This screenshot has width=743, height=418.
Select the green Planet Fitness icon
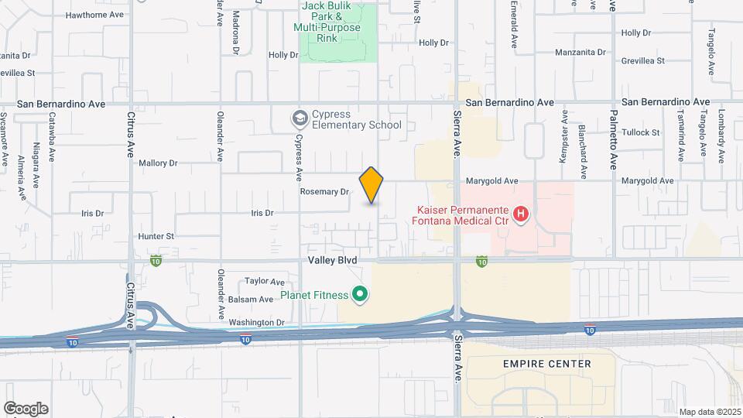click(359, 293)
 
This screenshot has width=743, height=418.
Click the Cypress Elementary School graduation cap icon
click(299, 118)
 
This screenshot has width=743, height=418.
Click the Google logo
click(26, 409)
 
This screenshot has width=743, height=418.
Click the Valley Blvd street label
click(332, 261)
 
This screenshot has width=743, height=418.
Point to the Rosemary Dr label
click(325, 191)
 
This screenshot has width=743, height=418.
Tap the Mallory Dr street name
click(158, 163)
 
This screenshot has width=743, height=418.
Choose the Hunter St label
click(156, 236)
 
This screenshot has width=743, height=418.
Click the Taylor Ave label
click(265, 282)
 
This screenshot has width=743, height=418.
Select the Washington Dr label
click(259, 322)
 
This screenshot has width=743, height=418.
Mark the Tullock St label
click(641, 132)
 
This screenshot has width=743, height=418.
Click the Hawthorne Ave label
click(94, 15)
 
